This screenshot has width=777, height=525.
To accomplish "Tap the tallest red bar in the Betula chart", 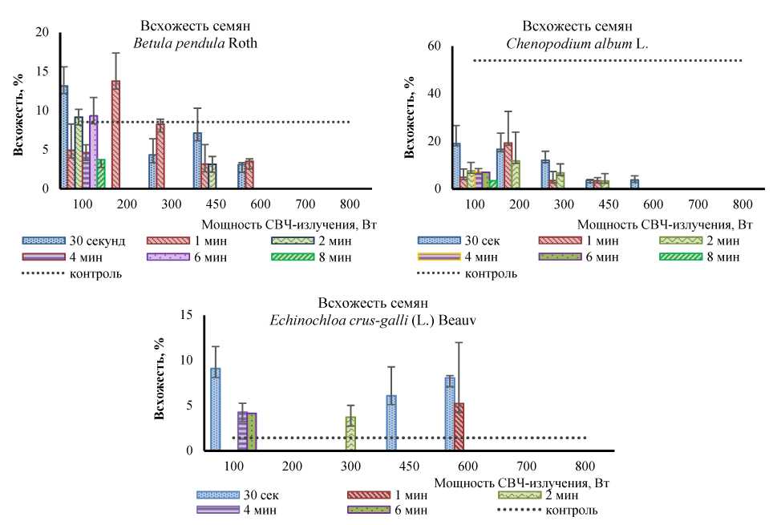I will (x=116, y=134).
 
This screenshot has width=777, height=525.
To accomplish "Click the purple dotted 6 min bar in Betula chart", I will (x=94, y=151).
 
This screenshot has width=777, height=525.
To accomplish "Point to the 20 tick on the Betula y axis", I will (x=43, y=32).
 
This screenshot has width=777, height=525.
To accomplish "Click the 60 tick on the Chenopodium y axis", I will (x=435, y=46).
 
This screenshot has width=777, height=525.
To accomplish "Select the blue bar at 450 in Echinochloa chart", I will (x=391, y=422).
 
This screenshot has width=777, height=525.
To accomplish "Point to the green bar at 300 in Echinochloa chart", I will (x=350, y=433).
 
